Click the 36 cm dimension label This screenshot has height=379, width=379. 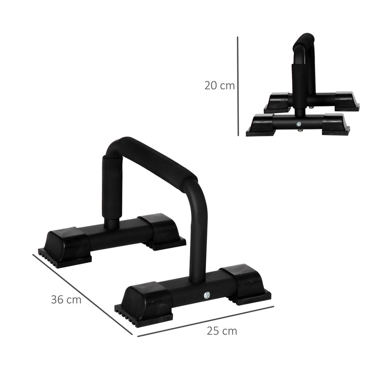coord(66,300)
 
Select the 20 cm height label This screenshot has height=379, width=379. coord(219,86)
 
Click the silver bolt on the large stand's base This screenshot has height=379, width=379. coord(207,295)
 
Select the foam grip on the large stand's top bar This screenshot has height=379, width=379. coord(156,159)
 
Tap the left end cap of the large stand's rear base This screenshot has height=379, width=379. coord(66,244)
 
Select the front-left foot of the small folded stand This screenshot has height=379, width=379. coord(260,126)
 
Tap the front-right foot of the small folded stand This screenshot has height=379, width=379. coord(335,124)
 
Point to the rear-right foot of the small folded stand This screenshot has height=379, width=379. coord(347,101)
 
